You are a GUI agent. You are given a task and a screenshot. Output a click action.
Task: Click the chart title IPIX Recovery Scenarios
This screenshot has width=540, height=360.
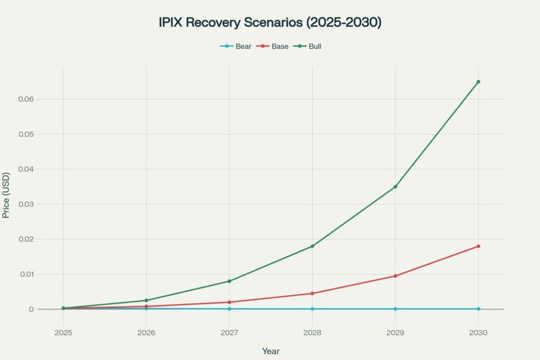coord(269,23)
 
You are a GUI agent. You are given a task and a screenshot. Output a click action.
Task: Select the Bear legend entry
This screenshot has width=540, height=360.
coord(236,46)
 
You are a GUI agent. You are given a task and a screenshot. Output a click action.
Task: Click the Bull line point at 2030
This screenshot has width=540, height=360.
coord(478,82)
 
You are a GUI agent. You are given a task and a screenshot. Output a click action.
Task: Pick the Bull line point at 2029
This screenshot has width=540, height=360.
coord(395,187)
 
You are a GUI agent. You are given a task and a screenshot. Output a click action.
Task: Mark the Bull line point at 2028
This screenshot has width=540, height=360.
coord(312,246)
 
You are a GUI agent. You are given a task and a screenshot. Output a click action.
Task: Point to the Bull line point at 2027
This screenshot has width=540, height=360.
coord(229,281)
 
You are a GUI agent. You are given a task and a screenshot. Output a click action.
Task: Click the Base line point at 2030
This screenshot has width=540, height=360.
coord(478,246)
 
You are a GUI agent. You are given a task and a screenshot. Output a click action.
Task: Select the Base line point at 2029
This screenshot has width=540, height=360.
coord(395,276)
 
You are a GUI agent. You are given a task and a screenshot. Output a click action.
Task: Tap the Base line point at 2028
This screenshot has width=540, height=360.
coord(312,293)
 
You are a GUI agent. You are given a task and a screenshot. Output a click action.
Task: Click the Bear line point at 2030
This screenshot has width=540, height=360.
coord(478,309)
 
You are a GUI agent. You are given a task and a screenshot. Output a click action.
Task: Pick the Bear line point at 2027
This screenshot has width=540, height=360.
coord(229,309)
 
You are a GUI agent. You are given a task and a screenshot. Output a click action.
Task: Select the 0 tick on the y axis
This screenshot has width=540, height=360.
coord(32,309)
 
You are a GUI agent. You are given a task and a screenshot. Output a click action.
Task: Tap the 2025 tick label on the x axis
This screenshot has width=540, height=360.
coord(63,333)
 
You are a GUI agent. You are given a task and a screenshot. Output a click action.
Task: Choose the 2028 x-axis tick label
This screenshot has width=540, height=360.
coord(312,333)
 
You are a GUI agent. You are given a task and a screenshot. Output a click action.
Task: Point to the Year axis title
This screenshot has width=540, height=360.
coord(271,351)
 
